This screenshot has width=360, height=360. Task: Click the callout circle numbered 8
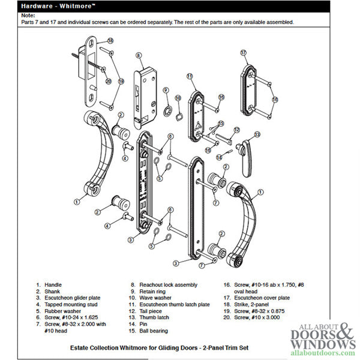pos(139,55)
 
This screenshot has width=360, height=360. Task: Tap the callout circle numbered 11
pos(189,76)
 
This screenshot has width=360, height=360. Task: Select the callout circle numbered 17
pos(244,53)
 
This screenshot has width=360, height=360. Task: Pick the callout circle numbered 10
pos(178,97)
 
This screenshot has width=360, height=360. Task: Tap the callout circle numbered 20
pos(109,80)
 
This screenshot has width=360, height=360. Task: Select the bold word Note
pos(27,15)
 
